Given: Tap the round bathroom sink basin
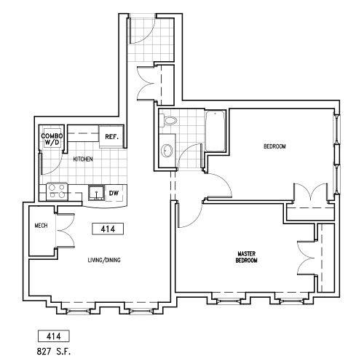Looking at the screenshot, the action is coord(167,151).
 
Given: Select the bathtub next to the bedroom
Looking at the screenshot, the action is coord(215,131).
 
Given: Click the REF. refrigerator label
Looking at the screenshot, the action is coord(111,137).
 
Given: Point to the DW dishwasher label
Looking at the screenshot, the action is coord(114,193).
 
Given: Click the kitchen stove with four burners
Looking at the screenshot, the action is coord(57,191).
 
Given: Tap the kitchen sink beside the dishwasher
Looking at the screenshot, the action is coord(96,193).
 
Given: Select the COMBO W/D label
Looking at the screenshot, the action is coord(52,139).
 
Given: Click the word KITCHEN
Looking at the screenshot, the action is coord(83,159).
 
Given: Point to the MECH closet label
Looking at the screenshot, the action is coord(41,226).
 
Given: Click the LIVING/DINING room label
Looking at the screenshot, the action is coord(104,260).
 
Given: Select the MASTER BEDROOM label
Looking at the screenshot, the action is coord(246,257).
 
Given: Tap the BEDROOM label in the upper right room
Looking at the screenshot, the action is coord(274,146).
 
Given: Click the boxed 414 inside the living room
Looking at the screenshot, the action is coord(108,229).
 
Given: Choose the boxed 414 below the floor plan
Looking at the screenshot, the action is coord(54,336).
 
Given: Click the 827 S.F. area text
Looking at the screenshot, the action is coord(54,352).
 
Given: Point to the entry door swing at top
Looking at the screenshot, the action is coord(142,29).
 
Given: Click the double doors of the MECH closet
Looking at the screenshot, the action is coord(66,231).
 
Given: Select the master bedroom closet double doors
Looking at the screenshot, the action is coord(306,258).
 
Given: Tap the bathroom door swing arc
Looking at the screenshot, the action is coord(189,156).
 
